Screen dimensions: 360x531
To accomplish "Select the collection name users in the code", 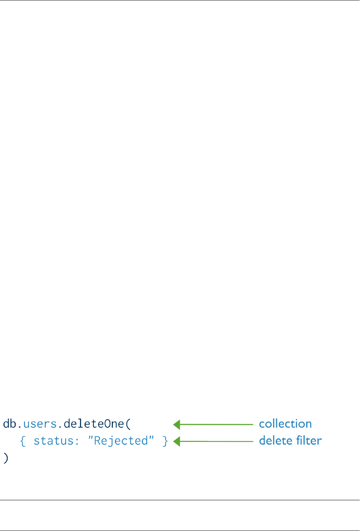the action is pyautogui.click(x=40, y=424).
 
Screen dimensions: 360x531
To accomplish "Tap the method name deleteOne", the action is pyautogui.click(x=94, y=424).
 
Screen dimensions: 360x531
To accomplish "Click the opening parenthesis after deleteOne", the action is pyautogui.click(x=129, y=424).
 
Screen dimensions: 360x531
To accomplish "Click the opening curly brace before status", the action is pyautogui.click(x=23, y=441).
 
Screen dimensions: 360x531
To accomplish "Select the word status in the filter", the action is pyautogui.click(x=55, y=441).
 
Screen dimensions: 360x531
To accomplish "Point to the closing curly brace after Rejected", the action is pyautogui.click(x=165, y=441).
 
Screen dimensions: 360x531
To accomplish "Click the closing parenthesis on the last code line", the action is pyautogui.click(x=5, y=458).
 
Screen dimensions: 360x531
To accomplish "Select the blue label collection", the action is pyautogui.click(x=285, y=424).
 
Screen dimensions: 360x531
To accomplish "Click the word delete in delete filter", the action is pyautogui.click(x=274, y=441).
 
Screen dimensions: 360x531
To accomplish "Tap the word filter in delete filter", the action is pyautogui.click(x=308, y=441).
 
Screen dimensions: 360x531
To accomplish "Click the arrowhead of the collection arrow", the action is pyautogui.click(x=177, y=425).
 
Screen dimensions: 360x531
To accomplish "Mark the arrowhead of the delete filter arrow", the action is pyautogui.click(x=177, y=441).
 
